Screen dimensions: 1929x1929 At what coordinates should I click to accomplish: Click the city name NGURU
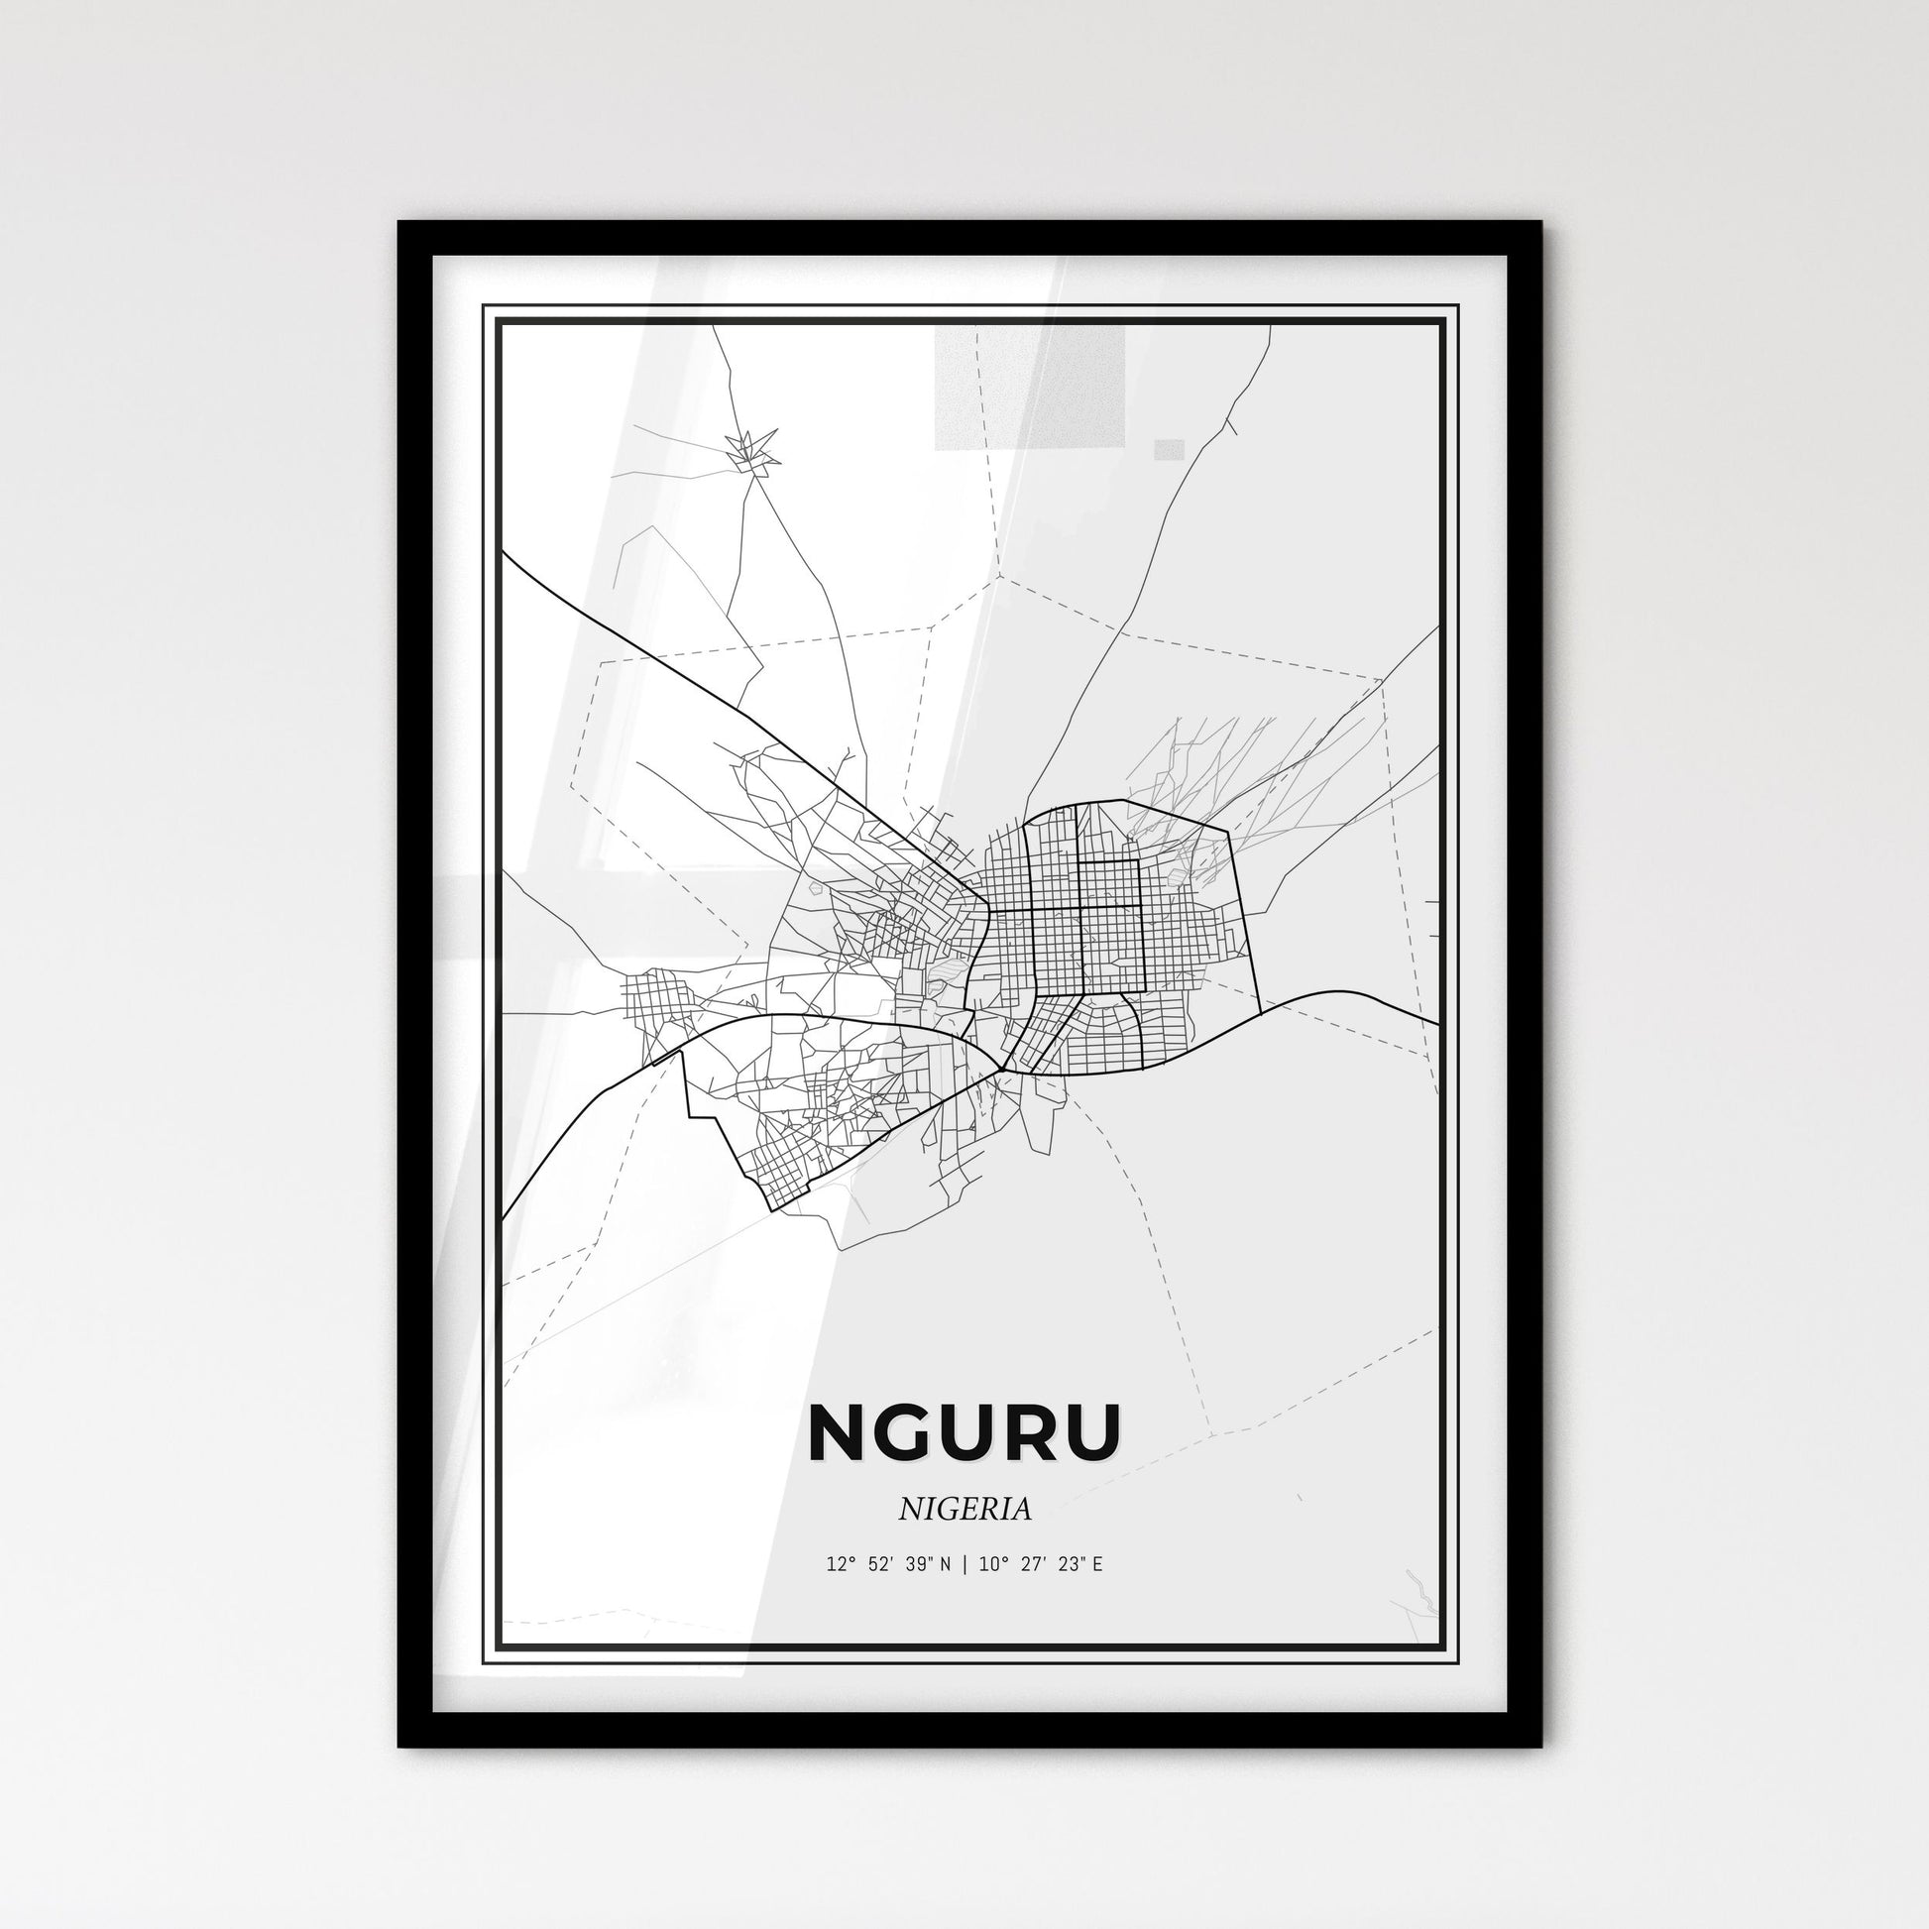(964, 1432)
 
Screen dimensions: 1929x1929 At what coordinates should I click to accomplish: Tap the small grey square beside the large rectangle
(1169, 449)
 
